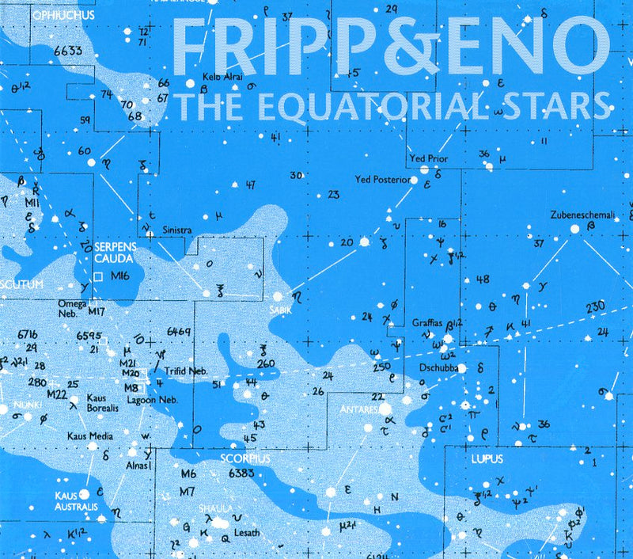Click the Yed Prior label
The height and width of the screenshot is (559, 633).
(428, 159)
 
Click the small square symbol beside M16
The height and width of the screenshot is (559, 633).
(99, 276)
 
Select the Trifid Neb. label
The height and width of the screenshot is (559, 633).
(186, 371)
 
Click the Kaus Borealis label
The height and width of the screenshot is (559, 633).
(103, 401)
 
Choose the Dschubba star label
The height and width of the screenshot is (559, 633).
(439, 368)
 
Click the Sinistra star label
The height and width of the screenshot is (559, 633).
(177, 230)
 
